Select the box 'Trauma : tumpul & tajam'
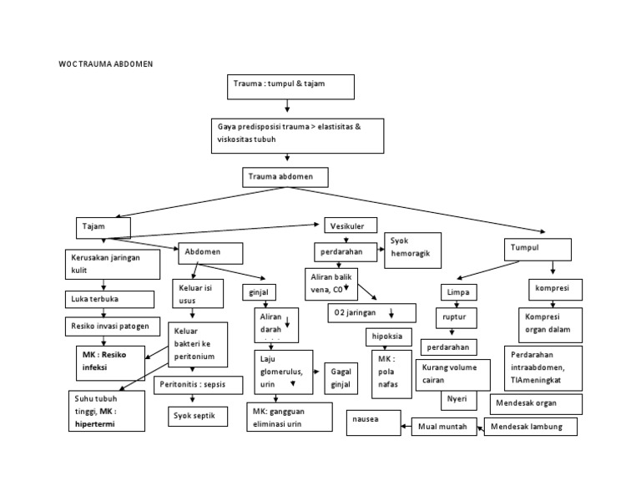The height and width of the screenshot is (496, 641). click(290, 87)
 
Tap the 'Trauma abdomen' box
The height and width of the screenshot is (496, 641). click(285, 177)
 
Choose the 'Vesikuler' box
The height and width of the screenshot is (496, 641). click(350, 225)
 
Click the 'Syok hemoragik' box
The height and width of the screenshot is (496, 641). click(411, 246)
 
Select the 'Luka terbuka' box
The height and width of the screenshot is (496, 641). click(110, 299)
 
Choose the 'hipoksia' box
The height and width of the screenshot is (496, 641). click(389, 336)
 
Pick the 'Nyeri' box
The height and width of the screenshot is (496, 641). click(457, 399)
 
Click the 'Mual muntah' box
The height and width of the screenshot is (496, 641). click(444, 427)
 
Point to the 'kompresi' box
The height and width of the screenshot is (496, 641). click(553, 290)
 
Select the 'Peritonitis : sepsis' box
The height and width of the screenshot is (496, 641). click(198, 385)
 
